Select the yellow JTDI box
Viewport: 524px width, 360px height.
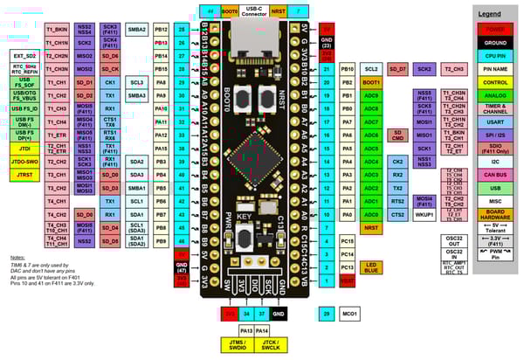pyautogui.click(x=24, y=149)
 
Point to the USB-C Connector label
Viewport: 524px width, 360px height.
pyautogui.click(x=254, y=10)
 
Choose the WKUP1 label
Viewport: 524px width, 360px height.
pyautogui.click(x=424, y=213)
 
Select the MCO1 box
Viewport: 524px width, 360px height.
pyautogui.click(x=348, y=312)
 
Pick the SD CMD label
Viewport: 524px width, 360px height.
pyautogui.click(x=397, y=135)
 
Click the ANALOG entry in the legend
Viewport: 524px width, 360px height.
pyautogui.click(x=495, y=95)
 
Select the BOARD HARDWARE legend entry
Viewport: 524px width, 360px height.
pyautogui.click(x=495, y=216)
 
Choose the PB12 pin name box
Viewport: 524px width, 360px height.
pyautogui.click(x=162, y=28)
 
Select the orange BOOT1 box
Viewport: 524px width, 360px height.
pyautogui.click(x=371, y=81)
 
